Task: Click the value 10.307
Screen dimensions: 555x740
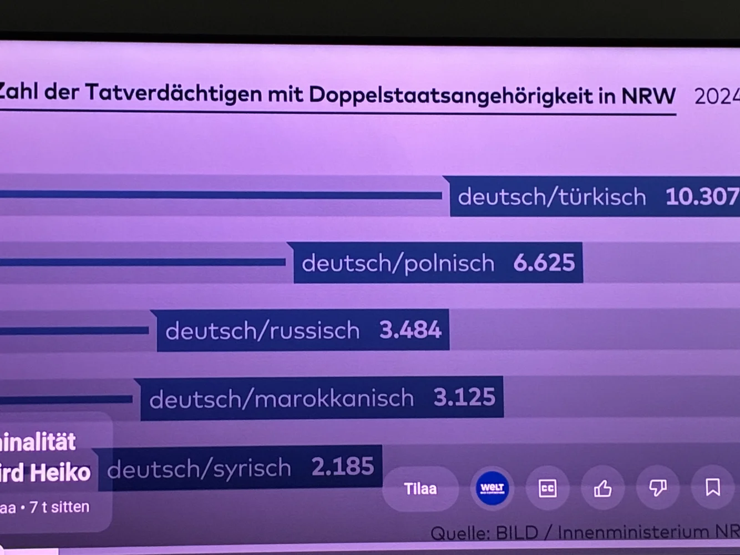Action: [702, 196]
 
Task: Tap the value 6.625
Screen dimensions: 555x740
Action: [544, 263]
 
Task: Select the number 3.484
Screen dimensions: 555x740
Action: [410, 330]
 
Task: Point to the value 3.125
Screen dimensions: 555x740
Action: [464, 397]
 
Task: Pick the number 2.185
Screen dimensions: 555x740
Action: [342, 467]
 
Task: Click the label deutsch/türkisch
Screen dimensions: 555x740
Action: [552, 197]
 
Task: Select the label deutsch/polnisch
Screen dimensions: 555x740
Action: [398, 263]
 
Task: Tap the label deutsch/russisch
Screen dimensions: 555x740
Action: [262, 331]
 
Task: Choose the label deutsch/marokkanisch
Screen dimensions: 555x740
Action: [281, 399]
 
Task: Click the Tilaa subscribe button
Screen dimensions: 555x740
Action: [420, 489]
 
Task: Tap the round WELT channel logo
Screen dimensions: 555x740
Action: [492, 488]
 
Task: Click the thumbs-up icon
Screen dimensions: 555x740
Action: [602, 488]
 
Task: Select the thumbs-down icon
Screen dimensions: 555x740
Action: [658, 488]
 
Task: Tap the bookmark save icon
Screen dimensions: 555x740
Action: [712, 487]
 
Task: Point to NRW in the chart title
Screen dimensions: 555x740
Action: [648, 96]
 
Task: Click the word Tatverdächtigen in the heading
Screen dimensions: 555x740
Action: [173, 93]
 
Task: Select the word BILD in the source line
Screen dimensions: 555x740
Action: [516, 533]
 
